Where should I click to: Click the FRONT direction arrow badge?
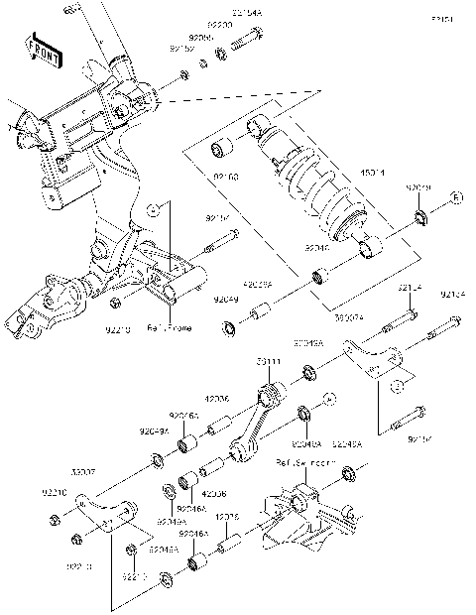(x=41, y=47)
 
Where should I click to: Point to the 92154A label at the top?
(x=247, y=13)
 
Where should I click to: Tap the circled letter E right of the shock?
(x=458, y=197)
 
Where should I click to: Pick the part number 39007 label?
(x=83, y=472)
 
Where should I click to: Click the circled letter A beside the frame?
(x=154, y=210)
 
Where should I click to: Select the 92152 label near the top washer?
(x=180, y=48)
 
